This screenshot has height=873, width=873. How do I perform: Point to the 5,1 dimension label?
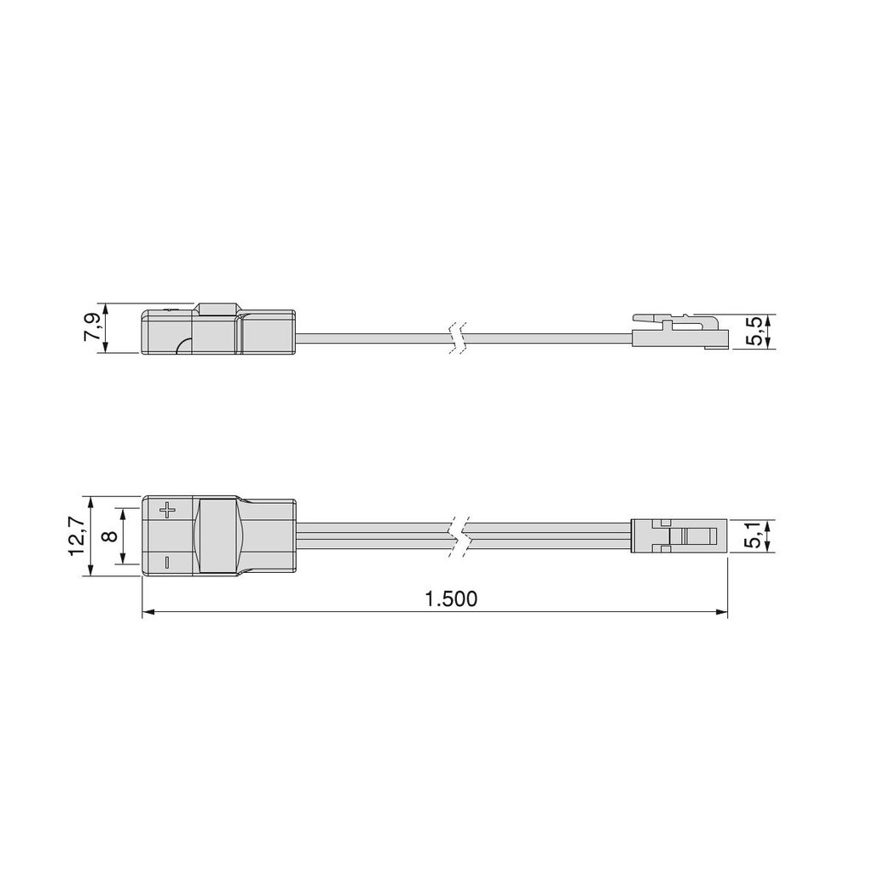click(x=753, y=536)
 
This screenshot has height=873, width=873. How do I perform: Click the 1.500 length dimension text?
click(x=451, y=598)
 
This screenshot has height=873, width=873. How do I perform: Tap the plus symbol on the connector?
click(x=167, y=511)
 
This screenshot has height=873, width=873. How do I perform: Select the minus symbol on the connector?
click(x=167, y=561)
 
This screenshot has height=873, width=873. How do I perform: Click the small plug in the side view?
click(x=680, y=331)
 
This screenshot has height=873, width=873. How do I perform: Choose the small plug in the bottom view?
click(x=678, y=537)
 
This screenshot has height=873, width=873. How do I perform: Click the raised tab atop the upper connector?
click(x=217, y=309)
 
